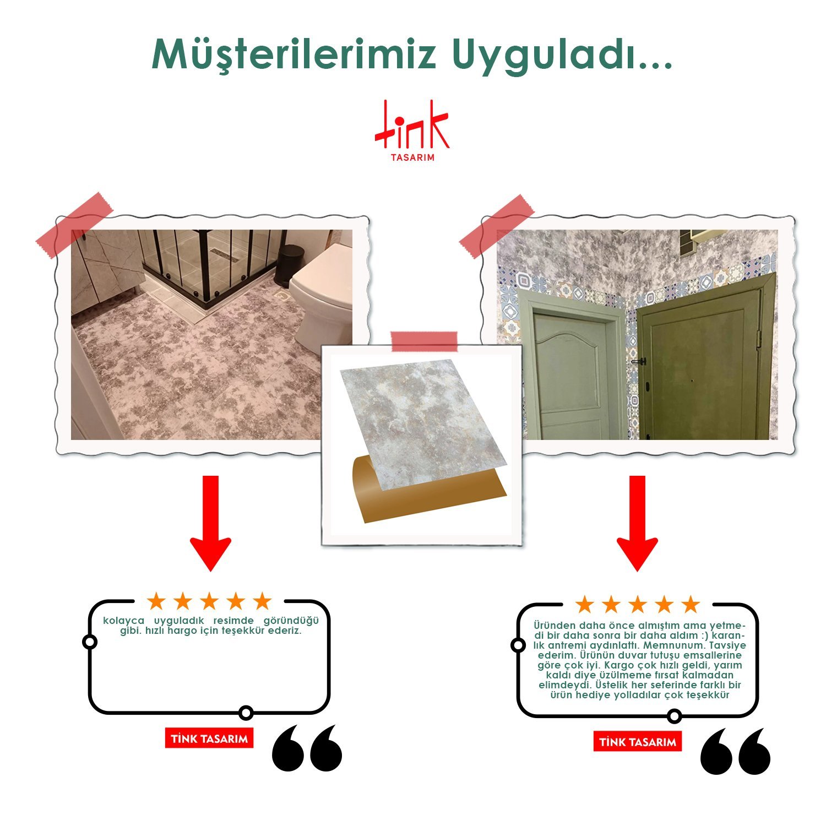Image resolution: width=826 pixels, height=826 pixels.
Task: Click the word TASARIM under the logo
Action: [x=412, y=157]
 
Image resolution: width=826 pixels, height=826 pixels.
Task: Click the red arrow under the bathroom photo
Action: [x=210, y=523]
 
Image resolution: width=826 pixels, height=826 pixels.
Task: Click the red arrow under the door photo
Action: [x=637, y=523]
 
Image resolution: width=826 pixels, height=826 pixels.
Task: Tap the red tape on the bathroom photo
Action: [x=74, y=225]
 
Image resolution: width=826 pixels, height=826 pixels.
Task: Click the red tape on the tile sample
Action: [x=424, y=341]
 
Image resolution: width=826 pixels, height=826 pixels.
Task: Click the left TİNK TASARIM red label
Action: [x=209, y=738]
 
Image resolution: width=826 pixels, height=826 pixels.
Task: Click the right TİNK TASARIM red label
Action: [x=638, y=742]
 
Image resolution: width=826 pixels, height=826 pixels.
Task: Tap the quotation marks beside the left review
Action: [x=307, y=747]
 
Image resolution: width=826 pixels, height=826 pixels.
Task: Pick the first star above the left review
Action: [x=156, y=601]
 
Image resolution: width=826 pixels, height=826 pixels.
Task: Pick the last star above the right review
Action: [x=690, y=604]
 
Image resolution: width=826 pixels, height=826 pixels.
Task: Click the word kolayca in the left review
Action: [x=124, y=621]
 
